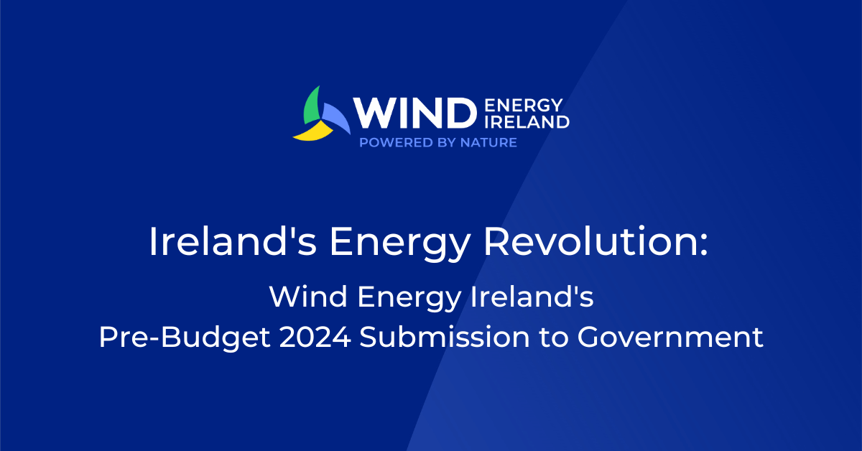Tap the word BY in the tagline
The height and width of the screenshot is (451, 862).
445,142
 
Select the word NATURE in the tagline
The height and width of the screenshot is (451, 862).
488,142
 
